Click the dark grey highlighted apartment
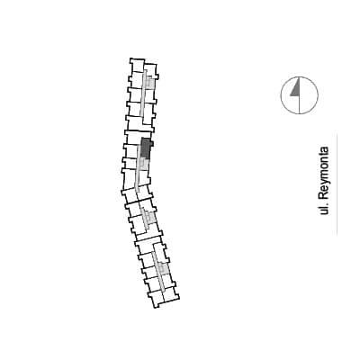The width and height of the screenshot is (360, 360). [x=146, y=148]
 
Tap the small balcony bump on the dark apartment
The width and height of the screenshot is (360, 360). [x=152, y=144]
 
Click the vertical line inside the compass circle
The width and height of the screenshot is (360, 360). [x=300, y=95]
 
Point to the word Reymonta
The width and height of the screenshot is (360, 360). [x=324, y=173]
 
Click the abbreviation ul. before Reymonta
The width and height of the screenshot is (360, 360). [x=323, y=208]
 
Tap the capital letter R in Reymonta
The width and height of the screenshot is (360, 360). [x=323, y=194]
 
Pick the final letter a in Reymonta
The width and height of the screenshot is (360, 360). [x=325, y=149]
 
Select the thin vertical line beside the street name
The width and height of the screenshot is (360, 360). [x=337, y=184]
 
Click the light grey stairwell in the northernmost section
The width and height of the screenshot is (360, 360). [x=150, y=82]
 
